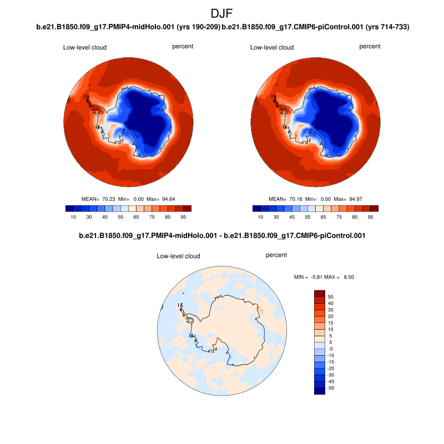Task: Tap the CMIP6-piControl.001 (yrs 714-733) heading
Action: pyautogui.click(x=315, y=27)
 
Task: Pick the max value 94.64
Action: pyautogui.click(x=177, y=199)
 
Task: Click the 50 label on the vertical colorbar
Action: pyautogui.click(x=330, y=296)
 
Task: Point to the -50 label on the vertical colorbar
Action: pyautogui.click(x=331, y=388)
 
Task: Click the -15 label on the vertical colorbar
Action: pyautogui.click(x=331, y=362)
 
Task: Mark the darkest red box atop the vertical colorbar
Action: pyautogui.click(x=319, y=293)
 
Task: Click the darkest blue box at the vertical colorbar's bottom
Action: pyautogui.click(x=319, y=391)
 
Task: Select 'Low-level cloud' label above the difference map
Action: pyautogui.click(x=178, y=256)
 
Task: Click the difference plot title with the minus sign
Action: pyautogui.click(x=221, y=236)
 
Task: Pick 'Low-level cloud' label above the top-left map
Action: pyautogui.click(x=85, y=48)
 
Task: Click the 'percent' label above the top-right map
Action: pyautogui.click(x=370, y=47)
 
